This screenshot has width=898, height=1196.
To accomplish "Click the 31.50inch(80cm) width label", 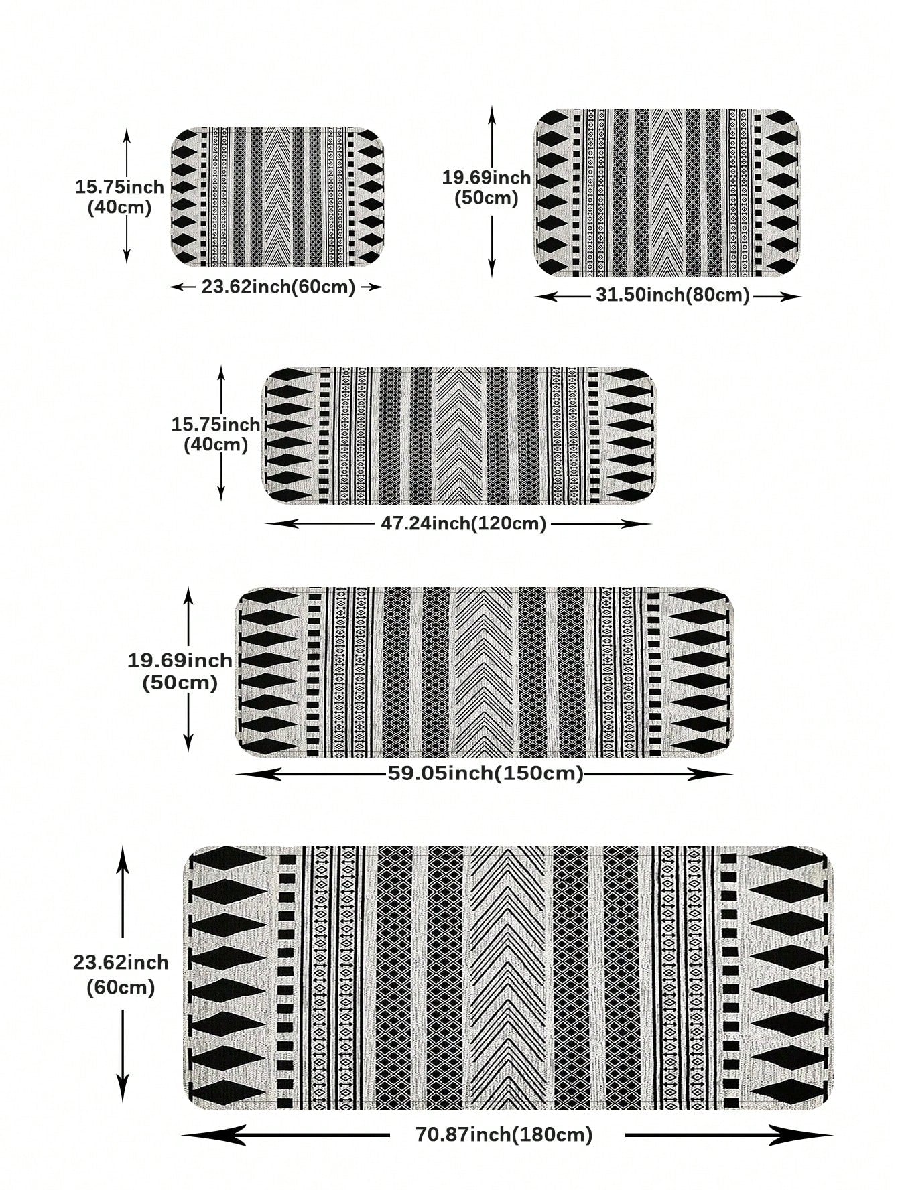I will click(x=672, y=295).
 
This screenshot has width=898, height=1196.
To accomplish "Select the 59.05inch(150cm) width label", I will click(x=485, y=773).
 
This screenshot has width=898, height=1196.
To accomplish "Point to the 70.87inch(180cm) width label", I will click(x=504, y=1134).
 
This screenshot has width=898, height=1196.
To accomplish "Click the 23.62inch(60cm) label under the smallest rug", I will click(x=278, y=287).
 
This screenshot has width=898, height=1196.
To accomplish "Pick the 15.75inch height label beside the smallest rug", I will click(x=119, y=196).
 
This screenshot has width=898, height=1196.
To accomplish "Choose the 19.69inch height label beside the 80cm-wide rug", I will click(x=486, y=188).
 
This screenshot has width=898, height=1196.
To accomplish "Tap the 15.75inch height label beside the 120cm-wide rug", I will click(x=216, y=434).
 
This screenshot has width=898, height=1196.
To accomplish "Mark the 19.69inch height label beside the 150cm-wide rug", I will click(x=180, y=671).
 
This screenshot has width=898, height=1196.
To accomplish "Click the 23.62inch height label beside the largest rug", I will click(x=121, y=974).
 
